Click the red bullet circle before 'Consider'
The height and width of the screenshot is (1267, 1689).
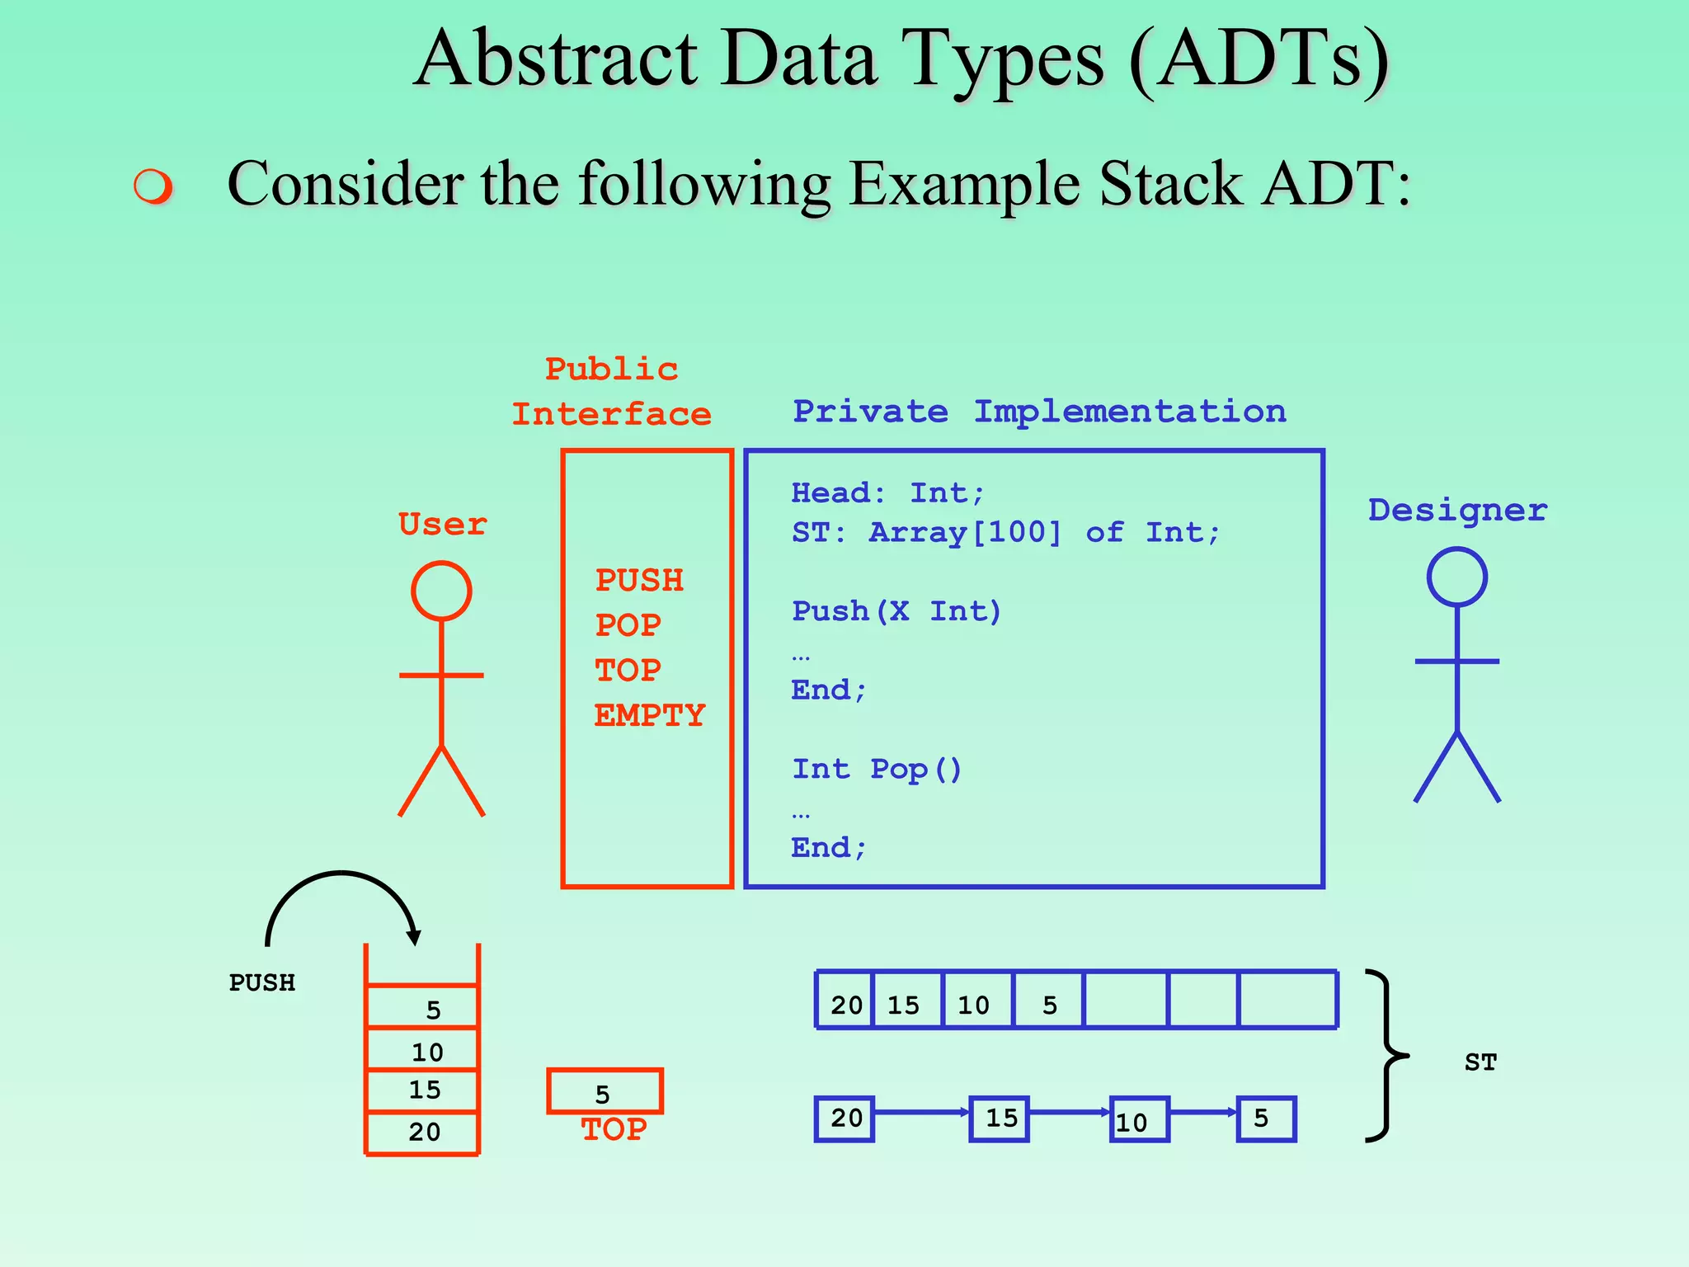click(x=153, y=186)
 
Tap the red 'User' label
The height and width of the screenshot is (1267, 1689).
click(x=442, y=525)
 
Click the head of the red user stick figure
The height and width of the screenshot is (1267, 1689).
click(x=441, y=591)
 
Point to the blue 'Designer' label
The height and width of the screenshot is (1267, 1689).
click(x=1457, y=511)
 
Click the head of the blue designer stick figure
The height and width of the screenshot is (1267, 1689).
click(x=1456, y=577)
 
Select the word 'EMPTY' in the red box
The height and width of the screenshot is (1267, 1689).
click(x=650, y=715)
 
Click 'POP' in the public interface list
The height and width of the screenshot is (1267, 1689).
click(x=628, y=625)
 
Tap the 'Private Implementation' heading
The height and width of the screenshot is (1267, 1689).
click(x=1039, y=412)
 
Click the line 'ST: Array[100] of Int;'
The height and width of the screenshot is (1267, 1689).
click(x=1005, y=533)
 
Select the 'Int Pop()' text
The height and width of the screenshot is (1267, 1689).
click(x=877, y=770)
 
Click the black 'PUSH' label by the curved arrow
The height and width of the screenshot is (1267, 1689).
click(x=261, y=983)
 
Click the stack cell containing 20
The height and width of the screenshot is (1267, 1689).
click(x=423, y=1132)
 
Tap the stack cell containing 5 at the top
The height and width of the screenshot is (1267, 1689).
click(x=423, y=1008)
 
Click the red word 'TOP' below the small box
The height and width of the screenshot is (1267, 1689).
click(x=614, y=1129)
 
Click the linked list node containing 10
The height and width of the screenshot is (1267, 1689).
click(x=1139, y=1119)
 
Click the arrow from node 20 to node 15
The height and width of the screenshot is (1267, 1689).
click(x=920, y=1113)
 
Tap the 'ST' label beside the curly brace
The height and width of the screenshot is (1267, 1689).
click(x=1480, y=1062)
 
